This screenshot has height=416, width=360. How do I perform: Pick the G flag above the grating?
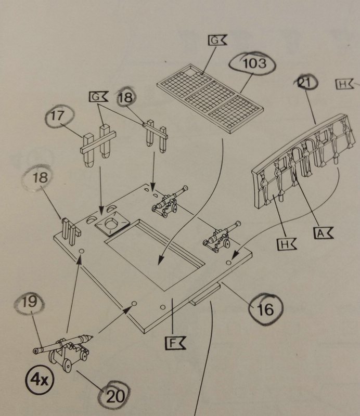215,40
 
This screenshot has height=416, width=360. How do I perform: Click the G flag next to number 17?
97,96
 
